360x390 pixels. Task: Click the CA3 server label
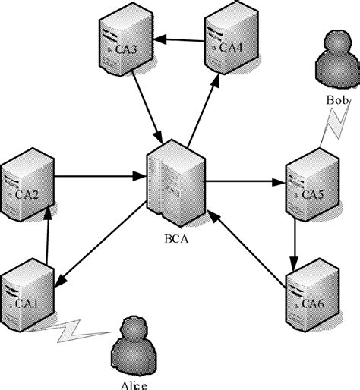pos(126,49)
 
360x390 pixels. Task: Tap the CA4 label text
pos(231,47)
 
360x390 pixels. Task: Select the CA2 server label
pos(27,194)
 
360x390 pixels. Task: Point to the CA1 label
pos(27,303)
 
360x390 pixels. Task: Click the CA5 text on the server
pos(313,194)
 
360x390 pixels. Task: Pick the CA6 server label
pos(313,304)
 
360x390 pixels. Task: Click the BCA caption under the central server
pos(177,239)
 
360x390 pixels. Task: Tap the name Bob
pos(337,100)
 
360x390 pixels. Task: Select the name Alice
pos(134,385)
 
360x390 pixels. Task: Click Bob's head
pos(338,40)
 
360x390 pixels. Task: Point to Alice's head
pos(134,328)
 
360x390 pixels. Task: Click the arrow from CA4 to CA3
pos(178,40)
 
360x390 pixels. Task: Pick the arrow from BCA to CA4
pos(204,111)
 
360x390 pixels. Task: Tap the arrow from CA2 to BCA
pos(100,176)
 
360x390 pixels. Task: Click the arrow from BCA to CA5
pos(245,181)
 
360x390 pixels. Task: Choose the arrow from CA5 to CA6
pos(295,245)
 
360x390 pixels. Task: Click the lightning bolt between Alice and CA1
pos(68,331)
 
